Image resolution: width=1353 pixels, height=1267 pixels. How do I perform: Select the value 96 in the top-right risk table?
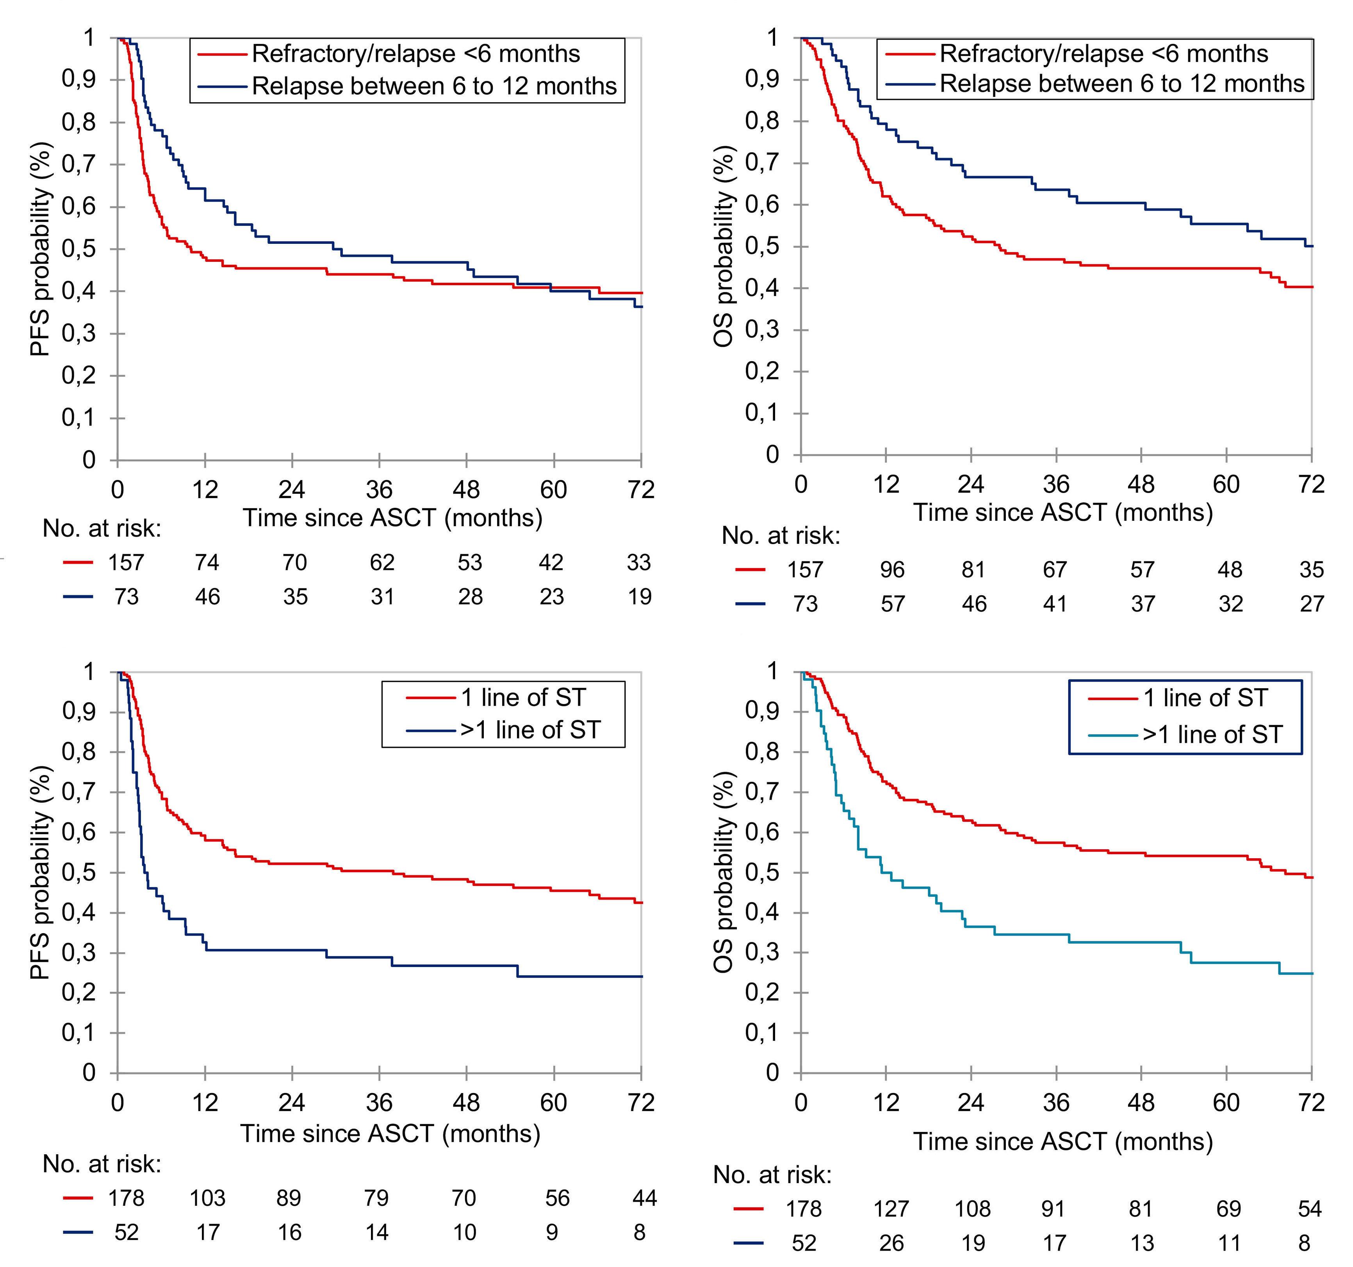pos(892,569)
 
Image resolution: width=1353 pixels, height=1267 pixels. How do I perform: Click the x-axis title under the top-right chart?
pos(1063,512)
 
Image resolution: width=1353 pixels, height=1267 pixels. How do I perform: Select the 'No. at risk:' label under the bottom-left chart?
pos(102,1164)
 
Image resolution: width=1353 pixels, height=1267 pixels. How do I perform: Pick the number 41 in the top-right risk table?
pos(1055,604)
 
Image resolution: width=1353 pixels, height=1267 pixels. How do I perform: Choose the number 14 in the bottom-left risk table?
pos(377,1232)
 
